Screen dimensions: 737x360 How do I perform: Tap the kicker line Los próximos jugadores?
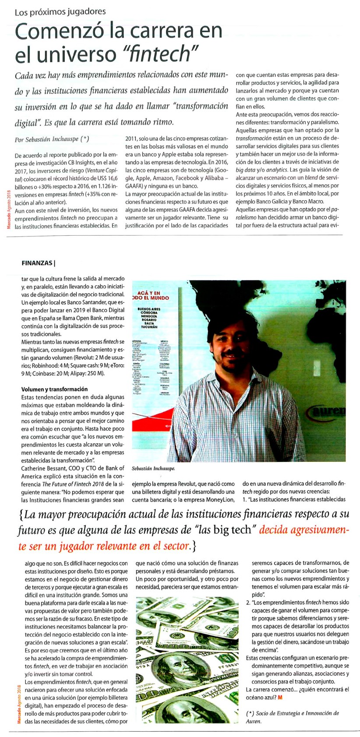tap(60, 12)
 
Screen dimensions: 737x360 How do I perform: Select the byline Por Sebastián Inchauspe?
tap(52, 139)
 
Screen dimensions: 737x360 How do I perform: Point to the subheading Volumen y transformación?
tap(54, 389)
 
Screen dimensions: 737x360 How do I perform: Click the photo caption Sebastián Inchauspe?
tap(153, 468)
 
